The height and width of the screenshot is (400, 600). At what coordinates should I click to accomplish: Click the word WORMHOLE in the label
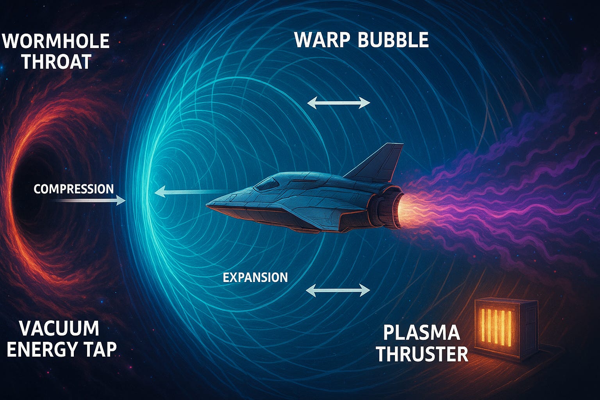(x=56, y=41)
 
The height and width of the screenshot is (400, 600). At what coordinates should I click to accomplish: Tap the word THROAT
(x=56, y=62)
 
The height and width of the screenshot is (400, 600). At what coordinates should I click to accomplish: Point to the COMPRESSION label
(x=73, y=189)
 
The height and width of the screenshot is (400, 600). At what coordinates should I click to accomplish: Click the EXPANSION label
(x=255, y=277)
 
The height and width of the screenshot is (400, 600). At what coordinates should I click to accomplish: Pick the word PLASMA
(x=421, y=333)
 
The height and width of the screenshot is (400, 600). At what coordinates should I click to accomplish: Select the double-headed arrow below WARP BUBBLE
(x=338, y=103)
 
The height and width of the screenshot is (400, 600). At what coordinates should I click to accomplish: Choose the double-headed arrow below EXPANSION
(x=338, y=290)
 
